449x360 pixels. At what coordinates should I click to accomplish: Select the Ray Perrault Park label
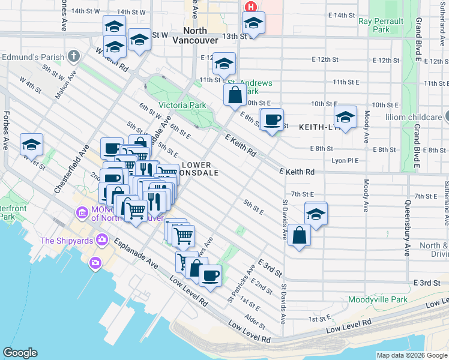(382, 25)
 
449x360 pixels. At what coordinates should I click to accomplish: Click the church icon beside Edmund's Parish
(74, 56)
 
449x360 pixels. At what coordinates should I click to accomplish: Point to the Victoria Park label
(182, 105)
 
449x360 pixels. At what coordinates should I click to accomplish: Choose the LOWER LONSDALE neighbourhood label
(196, 169)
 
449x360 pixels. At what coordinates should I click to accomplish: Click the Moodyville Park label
(378, 299)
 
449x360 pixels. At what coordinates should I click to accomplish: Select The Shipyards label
(66, 241)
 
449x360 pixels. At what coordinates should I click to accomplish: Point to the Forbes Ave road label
(7, 130)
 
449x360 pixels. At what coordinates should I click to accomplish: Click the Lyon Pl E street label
(345, 161)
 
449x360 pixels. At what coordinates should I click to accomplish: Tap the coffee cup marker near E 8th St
(272, 119)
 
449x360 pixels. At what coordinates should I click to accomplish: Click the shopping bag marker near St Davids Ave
(299, 235)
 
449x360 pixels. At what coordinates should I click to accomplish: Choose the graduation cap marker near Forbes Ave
(31, 144)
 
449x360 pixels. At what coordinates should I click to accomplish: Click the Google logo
(20, 353)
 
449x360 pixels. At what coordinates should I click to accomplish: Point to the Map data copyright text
(411, 355)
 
